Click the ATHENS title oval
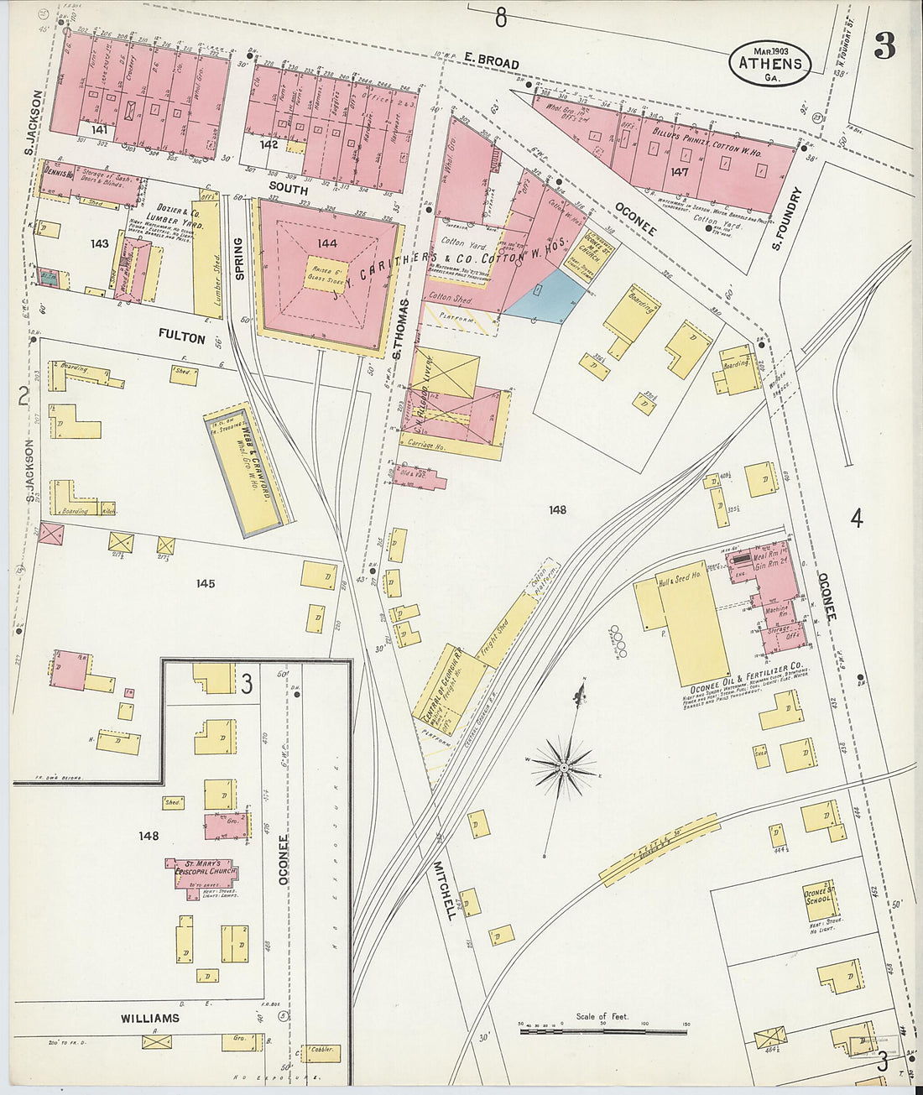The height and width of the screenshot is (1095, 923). coord(770,63)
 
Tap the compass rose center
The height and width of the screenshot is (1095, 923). coord(565,767)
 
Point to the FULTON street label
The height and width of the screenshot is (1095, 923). coord(181,337)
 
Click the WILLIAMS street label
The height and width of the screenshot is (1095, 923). coord(149,1019)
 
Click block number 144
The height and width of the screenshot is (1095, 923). coord(326,243)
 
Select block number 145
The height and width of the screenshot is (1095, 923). coord(205,583)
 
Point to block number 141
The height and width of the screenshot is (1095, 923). coord(101,130)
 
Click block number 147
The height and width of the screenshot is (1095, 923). coord(679,172)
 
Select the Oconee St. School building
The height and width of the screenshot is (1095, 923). coord(818,899)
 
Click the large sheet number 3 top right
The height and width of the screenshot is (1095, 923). coord(884,46)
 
